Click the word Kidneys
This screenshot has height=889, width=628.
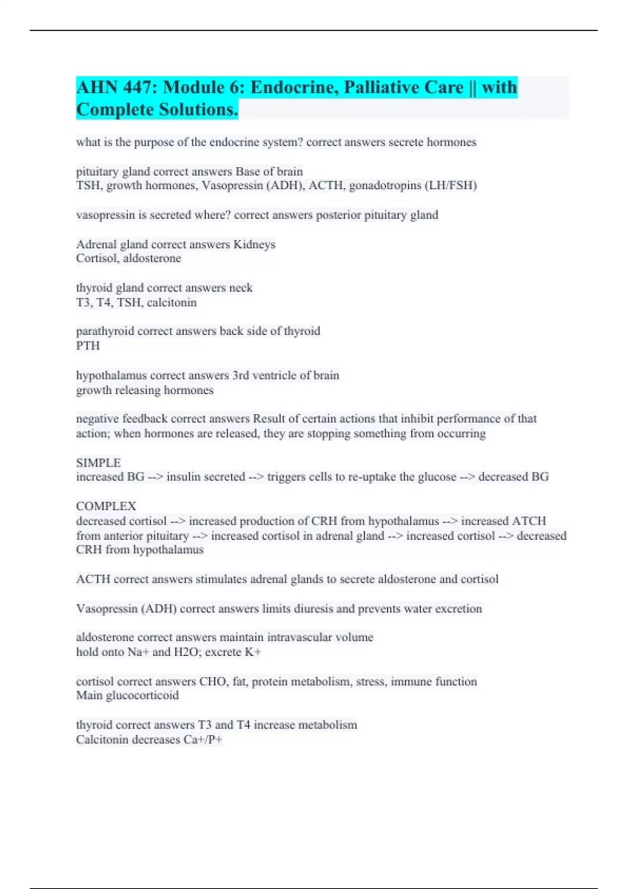tap(254, 244)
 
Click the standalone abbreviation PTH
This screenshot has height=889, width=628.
tap(88, 346)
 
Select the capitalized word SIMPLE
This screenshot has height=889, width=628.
tap(98, 463)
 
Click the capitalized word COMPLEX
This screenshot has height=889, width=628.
tap(106, 506)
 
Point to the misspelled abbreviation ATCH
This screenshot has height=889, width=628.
tap(529, 521)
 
